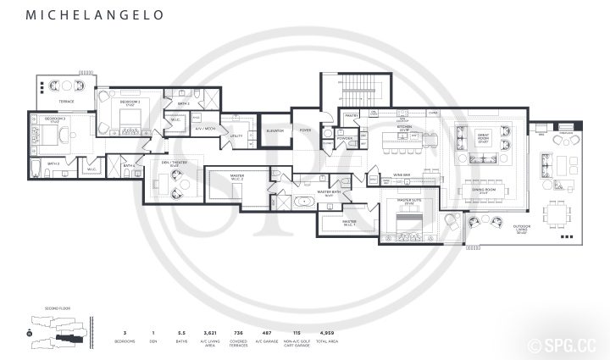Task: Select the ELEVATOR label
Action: pyautogui.click(x=274, y=131)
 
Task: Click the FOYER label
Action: pyautogui.click(x=305, y=130)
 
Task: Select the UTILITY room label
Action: pyautogui.click(x=236, y=136)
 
